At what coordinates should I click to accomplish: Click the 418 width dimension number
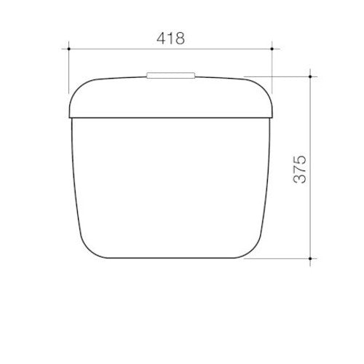(170, 37)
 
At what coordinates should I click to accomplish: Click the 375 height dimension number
(300, 169)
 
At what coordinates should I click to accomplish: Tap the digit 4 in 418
(160, 37)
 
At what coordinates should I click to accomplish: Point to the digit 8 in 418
(180, 37)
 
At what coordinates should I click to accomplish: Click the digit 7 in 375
(300, 169)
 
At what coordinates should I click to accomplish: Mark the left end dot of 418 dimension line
(68, 49)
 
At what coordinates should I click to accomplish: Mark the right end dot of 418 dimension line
(272, 49)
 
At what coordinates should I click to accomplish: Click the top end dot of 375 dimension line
(312, 75)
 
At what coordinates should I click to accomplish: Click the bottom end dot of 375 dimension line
(312, 257)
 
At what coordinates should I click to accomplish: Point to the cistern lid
(170, 95)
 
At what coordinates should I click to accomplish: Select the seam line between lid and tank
(170, 116)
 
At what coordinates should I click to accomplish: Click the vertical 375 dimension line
(312, 218)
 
